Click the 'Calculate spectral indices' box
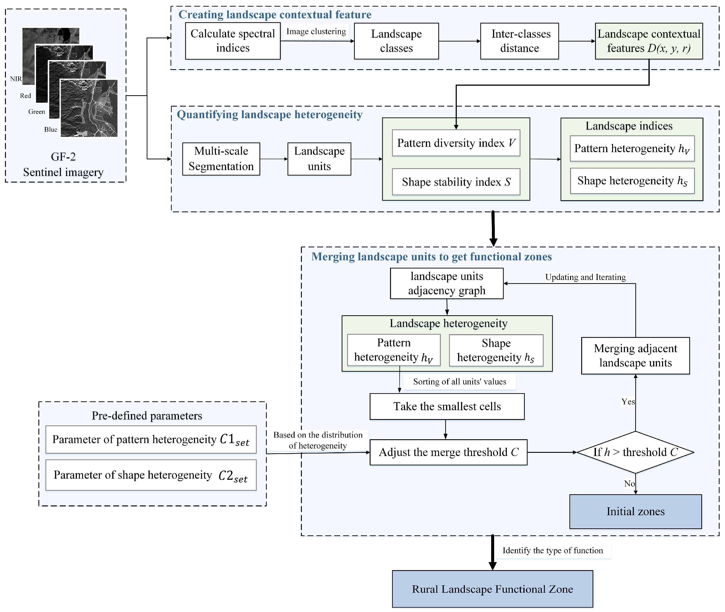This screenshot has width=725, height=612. click(232, 41)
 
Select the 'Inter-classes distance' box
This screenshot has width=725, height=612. click(519, 41)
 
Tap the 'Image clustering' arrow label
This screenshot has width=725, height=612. click(316, 32)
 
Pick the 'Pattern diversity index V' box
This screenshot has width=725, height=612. click(456, 143)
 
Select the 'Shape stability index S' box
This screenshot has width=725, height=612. click(456, 182)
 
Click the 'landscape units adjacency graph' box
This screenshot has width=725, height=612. click(447, 283)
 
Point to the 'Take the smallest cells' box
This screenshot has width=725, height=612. click(447, 406)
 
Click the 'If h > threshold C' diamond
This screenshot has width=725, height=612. click(635, 452)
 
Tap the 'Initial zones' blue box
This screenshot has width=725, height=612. click(635, 511)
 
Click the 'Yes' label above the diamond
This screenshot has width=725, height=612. click(628, 402)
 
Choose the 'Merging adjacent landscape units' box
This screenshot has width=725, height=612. click(635, 356)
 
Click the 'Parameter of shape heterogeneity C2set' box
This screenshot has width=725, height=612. click(151, 475)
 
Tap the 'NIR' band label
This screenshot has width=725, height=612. click(16, 79)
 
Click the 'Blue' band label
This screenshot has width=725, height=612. click(51, 129)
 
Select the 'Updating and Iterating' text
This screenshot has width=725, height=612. click(585, 277)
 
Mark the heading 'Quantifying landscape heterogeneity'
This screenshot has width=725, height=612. click(270, 115)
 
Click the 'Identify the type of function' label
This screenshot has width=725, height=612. click(553, 551)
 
